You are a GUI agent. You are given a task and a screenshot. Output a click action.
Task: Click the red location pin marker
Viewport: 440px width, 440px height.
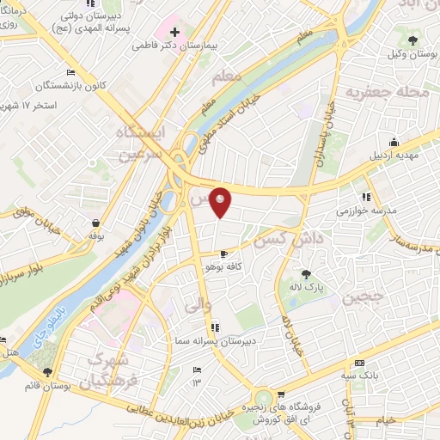221,202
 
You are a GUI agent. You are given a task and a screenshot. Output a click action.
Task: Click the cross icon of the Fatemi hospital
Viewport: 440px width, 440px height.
175,31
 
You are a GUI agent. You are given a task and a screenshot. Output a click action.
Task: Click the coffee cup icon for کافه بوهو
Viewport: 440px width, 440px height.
225,254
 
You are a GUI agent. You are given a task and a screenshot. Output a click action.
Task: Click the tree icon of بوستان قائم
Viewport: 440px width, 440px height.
47,372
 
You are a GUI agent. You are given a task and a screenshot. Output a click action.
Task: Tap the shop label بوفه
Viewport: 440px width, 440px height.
94,234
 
